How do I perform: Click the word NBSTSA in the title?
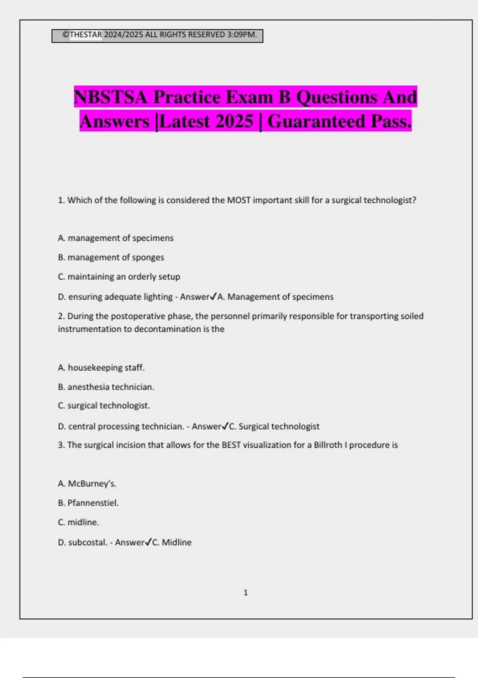tap(110, 97)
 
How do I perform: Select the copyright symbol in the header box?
tap(66, 35)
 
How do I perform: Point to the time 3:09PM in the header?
tap(241, 35)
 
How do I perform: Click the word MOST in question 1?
tap(239, 200)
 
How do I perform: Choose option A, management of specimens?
tap(116, 238)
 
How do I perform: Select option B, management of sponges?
tap(111, 257)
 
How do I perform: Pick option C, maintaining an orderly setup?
tap(119, 277)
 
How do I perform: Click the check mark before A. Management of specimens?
tap(213, 296)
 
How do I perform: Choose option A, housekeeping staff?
tap(101, 368)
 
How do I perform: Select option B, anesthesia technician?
tap(106, 387)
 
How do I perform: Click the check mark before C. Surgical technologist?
tap(225, 426)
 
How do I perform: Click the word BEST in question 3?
tap(231, 445)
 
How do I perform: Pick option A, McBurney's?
tap(87, 484)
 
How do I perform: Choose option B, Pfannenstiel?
tap(88, 503)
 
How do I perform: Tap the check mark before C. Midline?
tap(148, 542)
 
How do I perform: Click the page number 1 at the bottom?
tap(245, 593)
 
